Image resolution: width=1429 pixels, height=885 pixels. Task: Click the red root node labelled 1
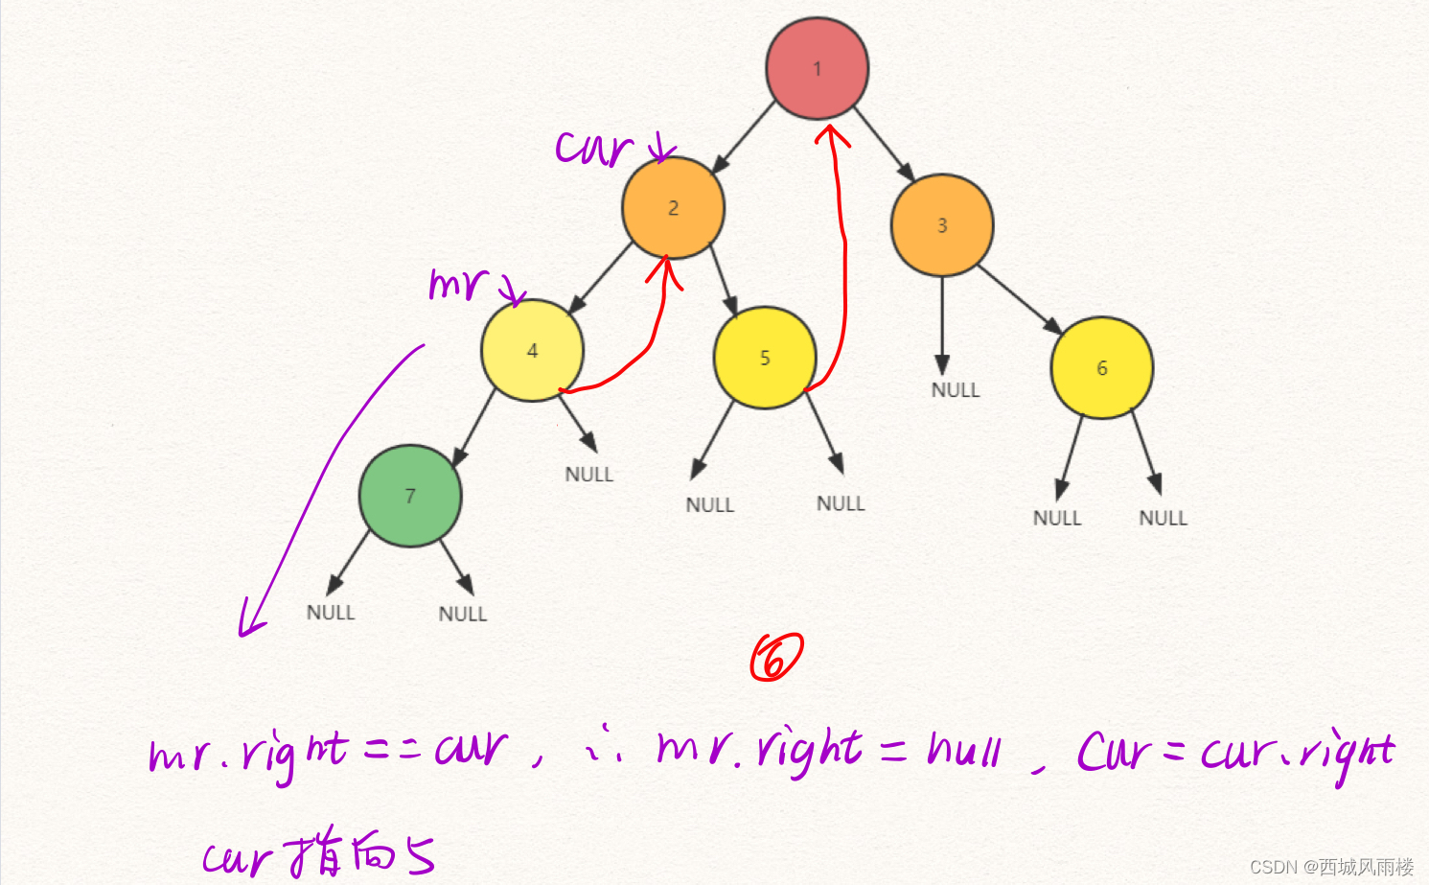pyautogui.click(x=818, y=68)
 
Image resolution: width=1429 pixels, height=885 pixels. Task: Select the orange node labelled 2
pyautogui.click(x=673, y=208)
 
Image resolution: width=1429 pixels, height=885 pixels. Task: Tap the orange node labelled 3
pyautogui.click(x=942, y=225)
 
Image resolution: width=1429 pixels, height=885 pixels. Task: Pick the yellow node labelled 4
pyautogui.click(x=532, y=350)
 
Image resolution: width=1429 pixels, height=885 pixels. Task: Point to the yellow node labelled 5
pyautogui.click(x=765, y=358)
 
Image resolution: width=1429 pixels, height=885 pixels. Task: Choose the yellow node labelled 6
pyautogui.click(x=1102, y=368)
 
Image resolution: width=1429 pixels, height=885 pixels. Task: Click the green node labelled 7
pyautogui.click(x=410, y=496)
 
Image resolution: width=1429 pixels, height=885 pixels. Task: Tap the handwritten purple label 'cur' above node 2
pyautogui.click(x=594, y=149)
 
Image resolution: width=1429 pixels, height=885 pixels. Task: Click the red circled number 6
pyautogui.click(x=775, y=658)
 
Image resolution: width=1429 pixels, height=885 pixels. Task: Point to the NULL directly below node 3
pyautogui.click(x=956, y=390)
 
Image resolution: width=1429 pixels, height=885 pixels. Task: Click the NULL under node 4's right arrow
pyautogui.click(x=588, y=475)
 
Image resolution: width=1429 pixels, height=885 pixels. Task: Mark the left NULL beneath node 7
pyautogui.click(x=331, y=613)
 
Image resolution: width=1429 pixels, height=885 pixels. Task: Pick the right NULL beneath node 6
pyautogui.click(x=1163, y=518)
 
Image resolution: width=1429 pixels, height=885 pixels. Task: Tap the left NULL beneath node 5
pyautogui.click(x=709, y=505)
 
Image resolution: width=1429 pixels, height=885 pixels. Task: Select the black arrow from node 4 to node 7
pyautogui.click(x=473, y=428)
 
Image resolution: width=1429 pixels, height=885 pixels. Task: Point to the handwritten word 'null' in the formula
pyautogui.click(x=964, y=750)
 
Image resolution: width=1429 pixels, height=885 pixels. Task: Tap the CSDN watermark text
pyautogui.click(x=1331, y=867)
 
